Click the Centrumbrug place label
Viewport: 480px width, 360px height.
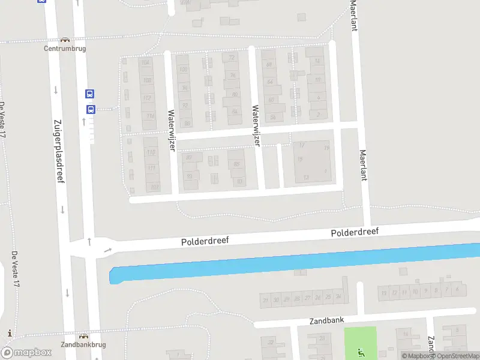click(64, 49)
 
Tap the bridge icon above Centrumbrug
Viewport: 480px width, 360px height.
click(64, 40)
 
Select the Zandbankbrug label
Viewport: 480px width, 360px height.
click(83, 345)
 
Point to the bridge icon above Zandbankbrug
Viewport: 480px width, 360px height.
click(83, 337)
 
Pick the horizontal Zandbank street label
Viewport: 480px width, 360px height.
click(327, 320)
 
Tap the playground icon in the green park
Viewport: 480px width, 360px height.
click(360, 352)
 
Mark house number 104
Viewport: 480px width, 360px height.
click(145, 62)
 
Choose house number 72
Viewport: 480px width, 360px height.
click(232, 58)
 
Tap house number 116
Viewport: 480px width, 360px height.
click(150, 116)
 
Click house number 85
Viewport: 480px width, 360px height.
click(237, 164)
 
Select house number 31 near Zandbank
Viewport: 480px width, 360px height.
click(265, 299)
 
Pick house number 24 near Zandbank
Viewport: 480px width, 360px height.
click(338, 296)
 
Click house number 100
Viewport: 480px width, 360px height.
click(183, 70)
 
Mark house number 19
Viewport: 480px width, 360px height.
click(300, 158)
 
